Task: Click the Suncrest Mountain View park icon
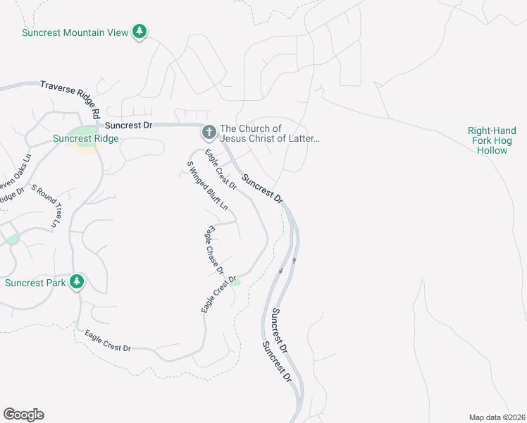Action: click(x=140, y=32)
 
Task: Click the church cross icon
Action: click(x=209, y=132)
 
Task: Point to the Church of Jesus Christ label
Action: click(x=270, y=133)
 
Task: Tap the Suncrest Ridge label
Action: click(x=86, y=139)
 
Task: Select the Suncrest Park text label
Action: click(x=35, y=283)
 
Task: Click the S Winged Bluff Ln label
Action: click(x=207, y=186)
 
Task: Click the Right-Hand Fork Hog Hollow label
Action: click(x=492, y=140)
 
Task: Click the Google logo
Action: click(x=23, y=415)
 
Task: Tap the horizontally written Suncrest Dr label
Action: click(x=129, y=125)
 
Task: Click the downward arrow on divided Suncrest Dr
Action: click(x=280, y=270)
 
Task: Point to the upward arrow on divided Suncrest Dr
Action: click(x=294, y=259)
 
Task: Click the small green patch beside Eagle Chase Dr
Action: click(x=236, y=282)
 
